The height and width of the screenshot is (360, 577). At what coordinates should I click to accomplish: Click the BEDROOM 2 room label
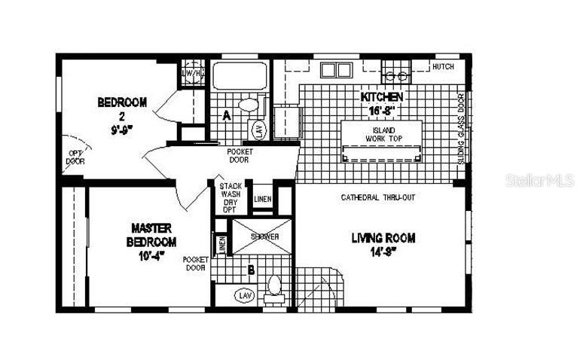point(122,102)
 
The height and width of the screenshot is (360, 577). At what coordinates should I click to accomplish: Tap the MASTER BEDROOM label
point(152,234)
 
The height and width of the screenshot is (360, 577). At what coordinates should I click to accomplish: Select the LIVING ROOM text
point(383,238)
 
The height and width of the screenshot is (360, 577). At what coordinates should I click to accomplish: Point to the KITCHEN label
point(382,97)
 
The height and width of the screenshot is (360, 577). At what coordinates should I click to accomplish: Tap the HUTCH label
point(443,67)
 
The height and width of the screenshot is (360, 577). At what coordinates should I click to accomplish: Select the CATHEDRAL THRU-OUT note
point(378,197)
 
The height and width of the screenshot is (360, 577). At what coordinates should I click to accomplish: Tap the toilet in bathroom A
point(247,105)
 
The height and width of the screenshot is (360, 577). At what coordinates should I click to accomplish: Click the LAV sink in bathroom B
point(245,295)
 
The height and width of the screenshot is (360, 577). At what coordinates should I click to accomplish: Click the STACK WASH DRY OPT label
point(229,197)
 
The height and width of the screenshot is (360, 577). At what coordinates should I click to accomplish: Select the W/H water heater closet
point(193,73)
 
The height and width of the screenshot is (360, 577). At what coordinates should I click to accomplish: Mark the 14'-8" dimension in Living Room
point(383,253)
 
